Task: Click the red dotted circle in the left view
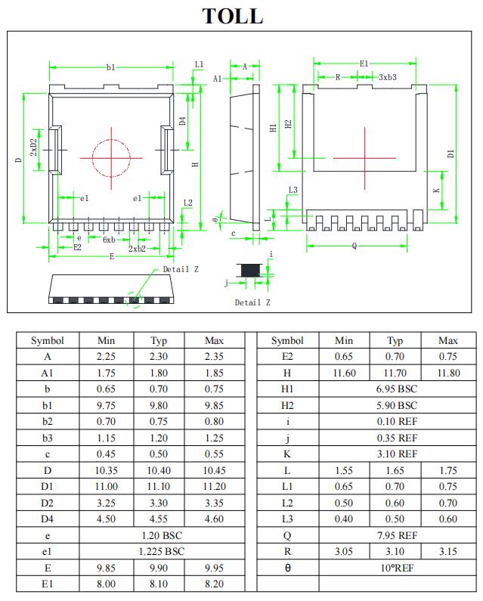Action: click(111, 157)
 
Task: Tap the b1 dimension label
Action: click(111, 68)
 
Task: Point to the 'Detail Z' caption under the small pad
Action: click(252, 302)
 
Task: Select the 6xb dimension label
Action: click(109, 240)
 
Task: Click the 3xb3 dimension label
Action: click(388, 77)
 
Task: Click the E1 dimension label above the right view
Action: click(364, 64)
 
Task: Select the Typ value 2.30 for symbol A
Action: click(159, 357)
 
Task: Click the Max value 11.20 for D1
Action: click(214, 486)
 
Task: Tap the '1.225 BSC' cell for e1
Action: click(159, 551)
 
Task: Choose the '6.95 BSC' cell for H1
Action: click(396, 389)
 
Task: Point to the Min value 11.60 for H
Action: click(344, 373)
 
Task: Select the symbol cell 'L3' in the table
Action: click(287, 519)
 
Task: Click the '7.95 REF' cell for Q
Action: click(396, 535)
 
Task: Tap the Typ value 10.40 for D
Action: click(159, 470)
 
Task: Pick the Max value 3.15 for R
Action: click(447, 551)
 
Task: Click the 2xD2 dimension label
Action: click(33, 147)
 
